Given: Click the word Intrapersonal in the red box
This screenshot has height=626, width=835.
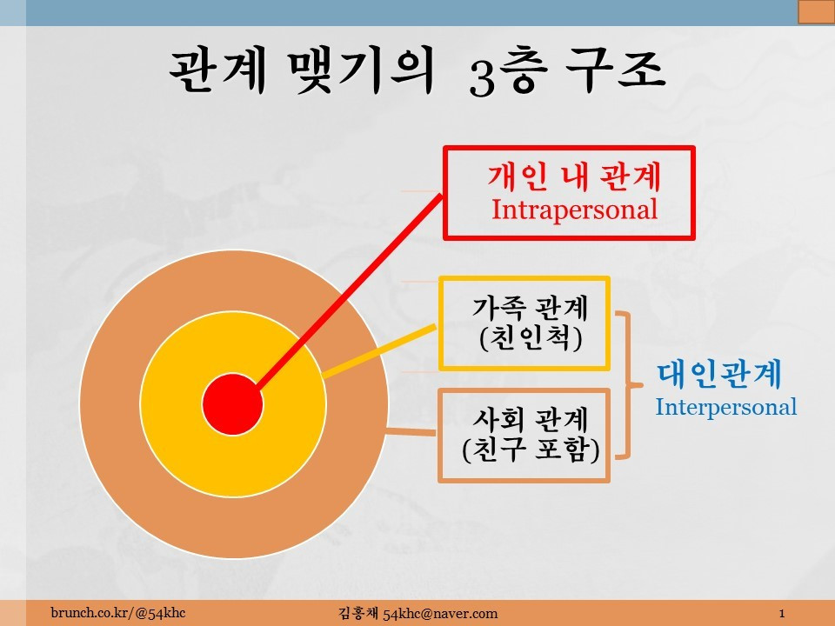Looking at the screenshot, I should click(x=574, y=210).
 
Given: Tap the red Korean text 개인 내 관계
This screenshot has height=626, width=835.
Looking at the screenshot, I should click(x=574, y=177).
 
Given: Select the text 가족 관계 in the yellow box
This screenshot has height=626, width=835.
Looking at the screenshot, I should click(x=530, y=308).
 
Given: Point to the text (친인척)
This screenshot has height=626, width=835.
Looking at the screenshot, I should click(x=530, y=337).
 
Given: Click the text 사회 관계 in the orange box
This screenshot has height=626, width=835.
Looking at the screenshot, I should click(x=530, y=420).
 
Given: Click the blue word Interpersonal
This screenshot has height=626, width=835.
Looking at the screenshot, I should click(x=725, y=407).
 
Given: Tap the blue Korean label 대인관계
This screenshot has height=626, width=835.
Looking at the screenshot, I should click(x=718, y=376).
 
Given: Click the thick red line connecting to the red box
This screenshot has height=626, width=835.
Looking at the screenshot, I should click(x=348, y=289).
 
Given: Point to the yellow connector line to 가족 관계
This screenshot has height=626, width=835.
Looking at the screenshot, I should click(x=379, y=350).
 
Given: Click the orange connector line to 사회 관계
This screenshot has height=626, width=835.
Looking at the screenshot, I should click(x=411, y=430).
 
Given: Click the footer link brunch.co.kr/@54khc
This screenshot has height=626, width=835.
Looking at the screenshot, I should click(x=117, y=614).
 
